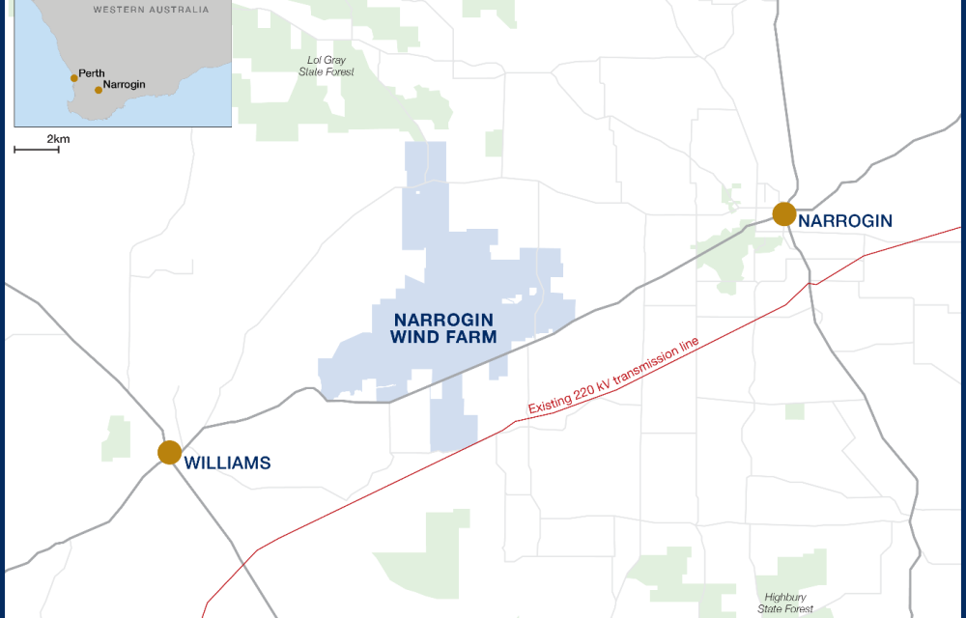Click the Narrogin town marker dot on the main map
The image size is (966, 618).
point(784,214)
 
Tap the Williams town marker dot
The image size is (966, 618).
point(170,452)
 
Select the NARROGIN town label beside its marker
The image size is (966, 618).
point(845,221)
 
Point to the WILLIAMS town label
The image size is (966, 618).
point(227,463)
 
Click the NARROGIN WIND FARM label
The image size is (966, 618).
point(443,328)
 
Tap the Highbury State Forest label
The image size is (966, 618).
point(784,603)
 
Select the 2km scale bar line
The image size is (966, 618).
point(36,151)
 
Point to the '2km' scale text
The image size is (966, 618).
point(58,139)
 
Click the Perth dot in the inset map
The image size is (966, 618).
point(74,78)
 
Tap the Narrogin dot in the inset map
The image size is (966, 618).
point(99,90)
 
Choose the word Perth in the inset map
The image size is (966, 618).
point(92,73)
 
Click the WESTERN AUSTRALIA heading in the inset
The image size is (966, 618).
point(151,10)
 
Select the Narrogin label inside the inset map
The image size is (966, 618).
point(125,85)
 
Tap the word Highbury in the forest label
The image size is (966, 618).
point(784,597)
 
